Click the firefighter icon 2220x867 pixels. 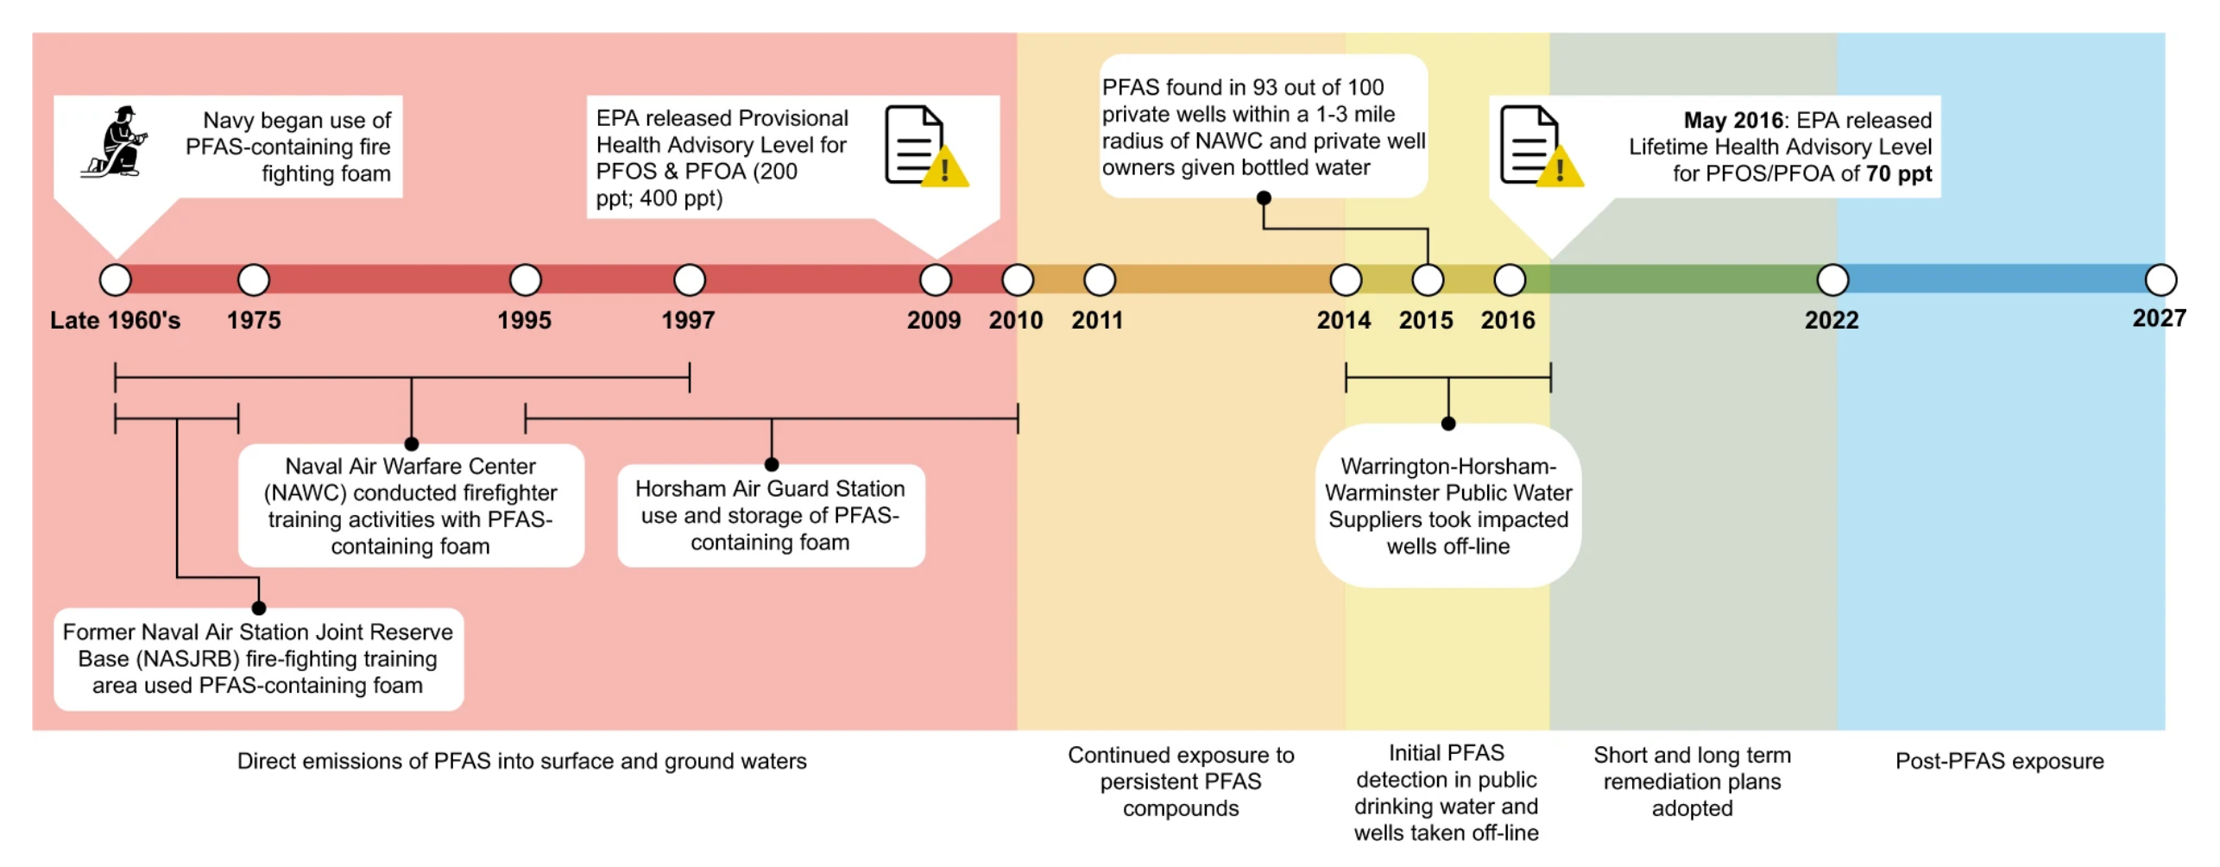pos(115,142)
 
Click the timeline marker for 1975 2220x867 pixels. pos(253,280)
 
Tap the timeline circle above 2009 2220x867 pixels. pos(935,280)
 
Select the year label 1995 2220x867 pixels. pos(524,320)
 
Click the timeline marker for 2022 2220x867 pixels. pos(1832,280)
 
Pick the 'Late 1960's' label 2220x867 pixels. pos(115,320)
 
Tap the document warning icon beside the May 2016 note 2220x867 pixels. pos(1540,146)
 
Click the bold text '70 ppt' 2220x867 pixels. pos(1898,173)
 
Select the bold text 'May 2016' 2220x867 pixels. pos(1732,120)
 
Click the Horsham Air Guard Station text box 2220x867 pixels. pos(770,515)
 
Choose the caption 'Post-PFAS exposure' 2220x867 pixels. pos(1998,761)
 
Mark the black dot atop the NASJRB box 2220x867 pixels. pos(258,608)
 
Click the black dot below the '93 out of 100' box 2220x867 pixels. pos(1263,198)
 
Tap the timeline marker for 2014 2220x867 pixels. pos(1345,280)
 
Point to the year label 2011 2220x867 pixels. pos(1097,320)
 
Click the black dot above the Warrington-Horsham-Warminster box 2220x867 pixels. pos(1447,424)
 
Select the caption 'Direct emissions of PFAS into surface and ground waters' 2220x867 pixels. pos(521,761)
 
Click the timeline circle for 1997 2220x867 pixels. pos(689,280)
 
